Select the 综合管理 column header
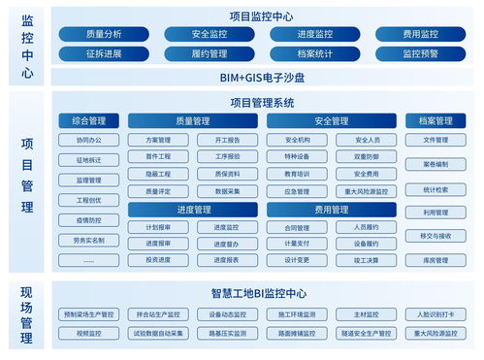click(88, 121)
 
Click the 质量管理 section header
click(193, 121)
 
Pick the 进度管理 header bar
click(193, 210)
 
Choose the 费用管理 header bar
click(331, 210)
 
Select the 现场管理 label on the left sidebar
click(27, 311)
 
